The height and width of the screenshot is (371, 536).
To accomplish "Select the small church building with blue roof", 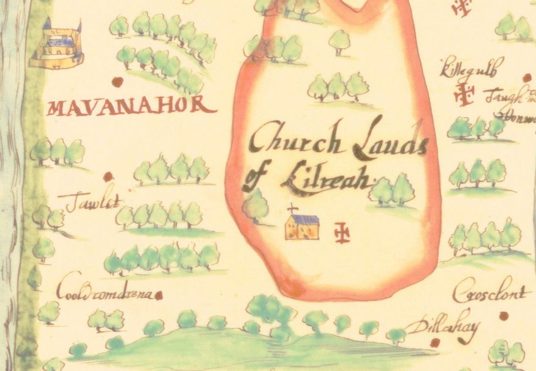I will click(302, 226).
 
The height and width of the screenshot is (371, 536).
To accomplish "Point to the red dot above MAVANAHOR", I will click(117, 82).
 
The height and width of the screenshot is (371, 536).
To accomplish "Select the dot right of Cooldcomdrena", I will click(159, 296).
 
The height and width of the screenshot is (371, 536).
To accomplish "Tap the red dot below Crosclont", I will click(504, 315).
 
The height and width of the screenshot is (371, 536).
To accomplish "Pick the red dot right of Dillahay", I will click(435, 342).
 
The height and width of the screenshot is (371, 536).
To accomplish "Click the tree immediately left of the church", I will click(256, 207).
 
